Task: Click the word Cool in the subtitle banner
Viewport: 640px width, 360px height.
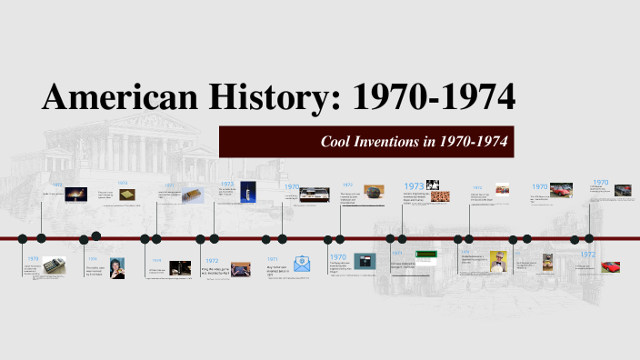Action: tap(340, 142)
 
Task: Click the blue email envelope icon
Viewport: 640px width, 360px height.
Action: tap(302, 265)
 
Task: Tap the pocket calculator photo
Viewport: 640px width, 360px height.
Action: tap(54, 265)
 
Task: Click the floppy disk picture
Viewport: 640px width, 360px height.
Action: tap(365, 262)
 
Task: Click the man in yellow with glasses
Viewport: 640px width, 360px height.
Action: tap(497, 261)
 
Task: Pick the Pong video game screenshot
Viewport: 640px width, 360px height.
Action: tap(240, 268)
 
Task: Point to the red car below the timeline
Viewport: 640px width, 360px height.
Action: tap(610, 267)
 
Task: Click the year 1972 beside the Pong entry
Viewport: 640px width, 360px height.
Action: tap(211, 260)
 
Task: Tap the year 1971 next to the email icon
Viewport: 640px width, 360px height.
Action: tap(273, 259)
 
